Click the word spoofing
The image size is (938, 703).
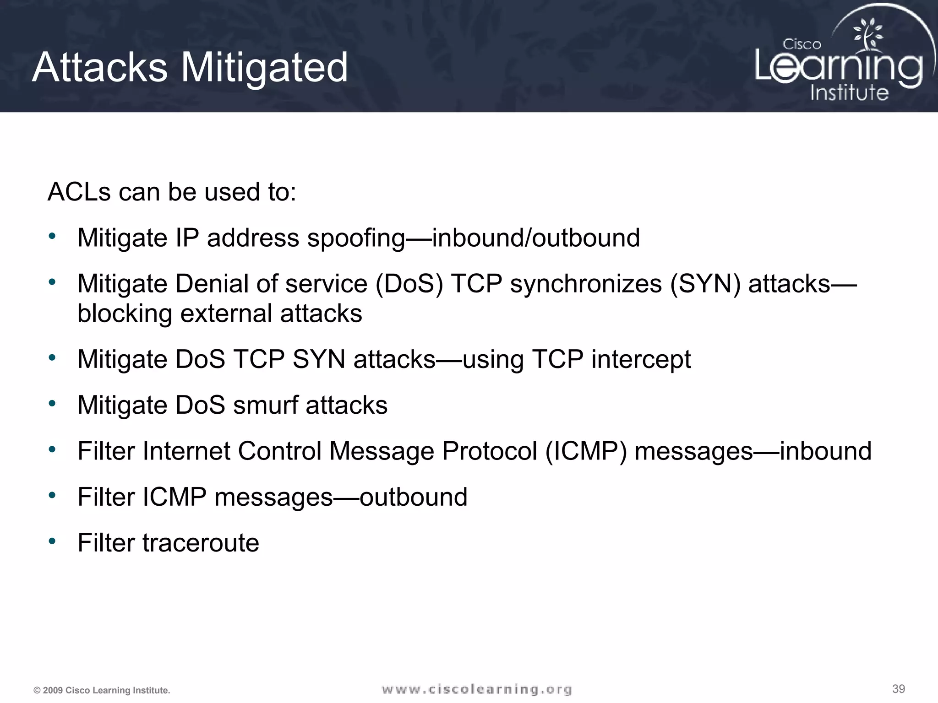356,238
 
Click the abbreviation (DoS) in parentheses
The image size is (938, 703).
409,284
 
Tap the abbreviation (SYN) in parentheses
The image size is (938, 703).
705,284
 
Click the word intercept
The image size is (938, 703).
641,359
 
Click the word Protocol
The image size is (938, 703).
489,451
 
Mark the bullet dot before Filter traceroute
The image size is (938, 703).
52,541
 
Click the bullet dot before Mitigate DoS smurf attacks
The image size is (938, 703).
52,404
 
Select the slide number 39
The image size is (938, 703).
899,689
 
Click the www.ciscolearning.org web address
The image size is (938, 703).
476,689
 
